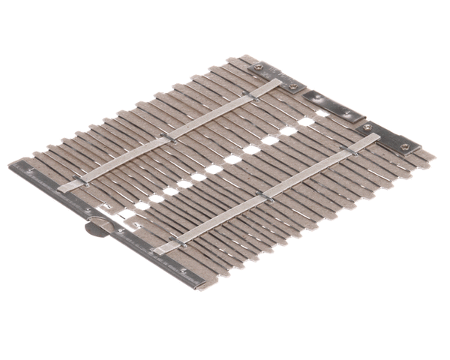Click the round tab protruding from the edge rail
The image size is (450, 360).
coord(95,226)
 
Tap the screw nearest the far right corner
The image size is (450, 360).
coord(405,146)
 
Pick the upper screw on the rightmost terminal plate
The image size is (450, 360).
coord(367,127)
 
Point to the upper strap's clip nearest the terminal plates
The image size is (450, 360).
coord(248,95)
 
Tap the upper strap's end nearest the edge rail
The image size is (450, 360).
coord(64,187)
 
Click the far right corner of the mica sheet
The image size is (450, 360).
coord(433,156)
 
